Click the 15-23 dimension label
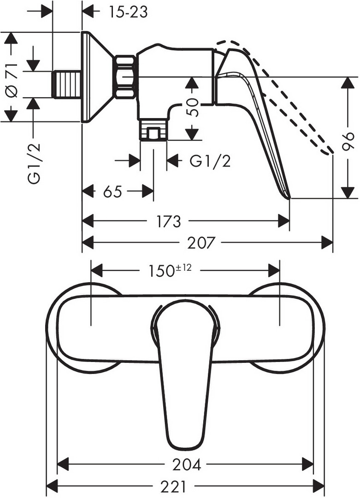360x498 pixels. [x=128, y=12]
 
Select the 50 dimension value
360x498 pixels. [x=192, y=107]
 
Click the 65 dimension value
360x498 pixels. [x=112, y=191]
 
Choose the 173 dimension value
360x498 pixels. [x=168, y=221]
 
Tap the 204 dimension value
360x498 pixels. [x=187, y=465]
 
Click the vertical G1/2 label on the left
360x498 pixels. [x=34, y=163]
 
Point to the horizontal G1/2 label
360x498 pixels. [x=210, y=161]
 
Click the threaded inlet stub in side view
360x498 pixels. [x=66, y=84]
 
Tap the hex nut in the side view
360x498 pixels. [x=125, y=77]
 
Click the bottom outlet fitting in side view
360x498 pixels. [x=153, y=129]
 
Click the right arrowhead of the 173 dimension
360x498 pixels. [x=284, y=221]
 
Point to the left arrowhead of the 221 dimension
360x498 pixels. [x=52, y=486]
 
